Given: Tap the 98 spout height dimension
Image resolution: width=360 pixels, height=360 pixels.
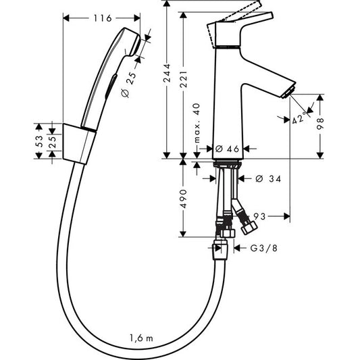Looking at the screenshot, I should [x=330, y=125].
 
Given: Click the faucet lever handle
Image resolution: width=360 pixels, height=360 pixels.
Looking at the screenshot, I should [x=236, y=27].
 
